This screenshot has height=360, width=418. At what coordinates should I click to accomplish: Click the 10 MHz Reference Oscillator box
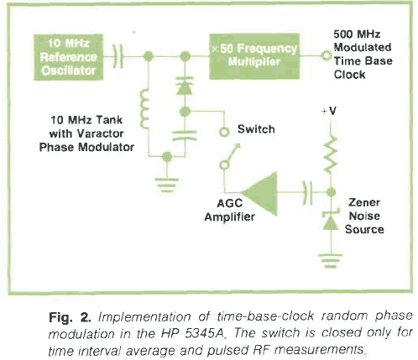tap(69, 57)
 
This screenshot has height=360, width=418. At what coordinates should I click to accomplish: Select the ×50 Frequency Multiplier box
tap(254, 56)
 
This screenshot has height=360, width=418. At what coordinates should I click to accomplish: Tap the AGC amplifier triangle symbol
tap(259, 194)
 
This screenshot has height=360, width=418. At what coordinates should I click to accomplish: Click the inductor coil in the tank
tap(145, 109)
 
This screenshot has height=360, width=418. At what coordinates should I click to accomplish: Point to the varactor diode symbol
tap(185, 86)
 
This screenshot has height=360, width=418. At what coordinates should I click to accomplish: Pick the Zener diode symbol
tap(331, 220)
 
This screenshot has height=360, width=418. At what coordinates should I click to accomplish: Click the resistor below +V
tap(331, 154)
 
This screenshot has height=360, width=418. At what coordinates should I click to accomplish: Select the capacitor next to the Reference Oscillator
tap(118, 56)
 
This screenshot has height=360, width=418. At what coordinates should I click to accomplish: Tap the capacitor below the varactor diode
tap(185, 135)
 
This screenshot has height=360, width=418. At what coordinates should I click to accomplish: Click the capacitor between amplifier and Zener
tap(307, 193)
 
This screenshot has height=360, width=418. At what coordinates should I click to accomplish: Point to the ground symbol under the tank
tap(167, 185)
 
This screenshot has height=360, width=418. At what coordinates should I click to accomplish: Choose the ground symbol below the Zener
tap(331, 261)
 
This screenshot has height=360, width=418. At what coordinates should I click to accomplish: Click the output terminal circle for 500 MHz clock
tap(327, 55)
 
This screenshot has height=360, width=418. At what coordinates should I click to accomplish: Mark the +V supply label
tap(329, 111)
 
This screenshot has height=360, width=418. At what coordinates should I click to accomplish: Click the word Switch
tap(256, 129)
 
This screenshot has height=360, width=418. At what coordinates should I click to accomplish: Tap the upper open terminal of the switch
tap(224, 132)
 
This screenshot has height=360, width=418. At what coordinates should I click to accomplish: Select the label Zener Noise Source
tap(364, 216)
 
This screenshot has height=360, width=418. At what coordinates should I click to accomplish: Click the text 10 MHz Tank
tap(86, 120)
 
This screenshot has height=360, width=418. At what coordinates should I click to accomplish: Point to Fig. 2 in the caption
tap(70, 317)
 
